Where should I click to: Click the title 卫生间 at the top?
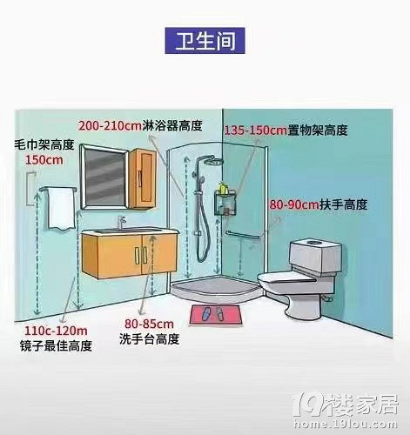pyautogui.click(x=205, y=41)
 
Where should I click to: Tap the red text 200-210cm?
pyautogui.click(x=110, y=126)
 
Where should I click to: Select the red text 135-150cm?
pyautogui.click(x=256, y=130)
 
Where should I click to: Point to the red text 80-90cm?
pyautogui.click(x=294, y=204)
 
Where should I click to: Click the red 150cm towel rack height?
pyautogui.click(x=44, y=160)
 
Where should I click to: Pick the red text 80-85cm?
pyautogui.click(x=149, y=324)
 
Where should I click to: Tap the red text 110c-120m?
pyautogui.click(x=56, y=331)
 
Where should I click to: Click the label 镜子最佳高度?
pyautogui.click(x=56, y=345)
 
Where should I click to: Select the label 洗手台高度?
pyautogui.click(x=149, y=339)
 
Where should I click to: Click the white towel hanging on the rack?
pyautogui.click(x=61, y=209)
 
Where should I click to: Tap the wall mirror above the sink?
pyautogui.click(x=104, y=177)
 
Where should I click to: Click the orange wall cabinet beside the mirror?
pyautogui.click(x=143, y=178)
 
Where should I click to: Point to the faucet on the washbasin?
pyautogui.click(x=121, y=223)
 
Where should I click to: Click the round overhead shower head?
pyautogui.click(x=212, y=161)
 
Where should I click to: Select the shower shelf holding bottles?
pyautogui.click(x=225, y=203)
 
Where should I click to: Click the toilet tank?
pyautogui.click(x=315, y=256)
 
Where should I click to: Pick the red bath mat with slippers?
pyautogui.click(x=216, y=314)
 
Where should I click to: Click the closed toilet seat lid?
pyautogui.click(x=287, y=278)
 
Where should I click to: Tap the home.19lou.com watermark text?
pyautogui.click(x=345, y=424)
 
